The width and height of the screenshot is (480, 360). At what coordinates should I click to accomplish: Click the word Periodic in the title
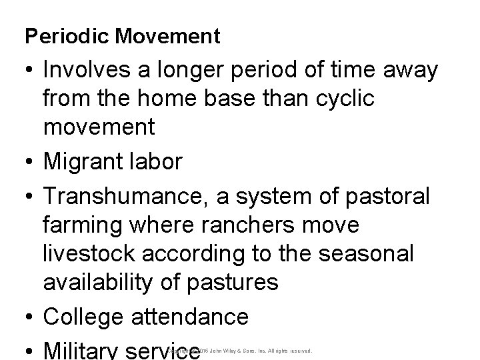tap(60, 37)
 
